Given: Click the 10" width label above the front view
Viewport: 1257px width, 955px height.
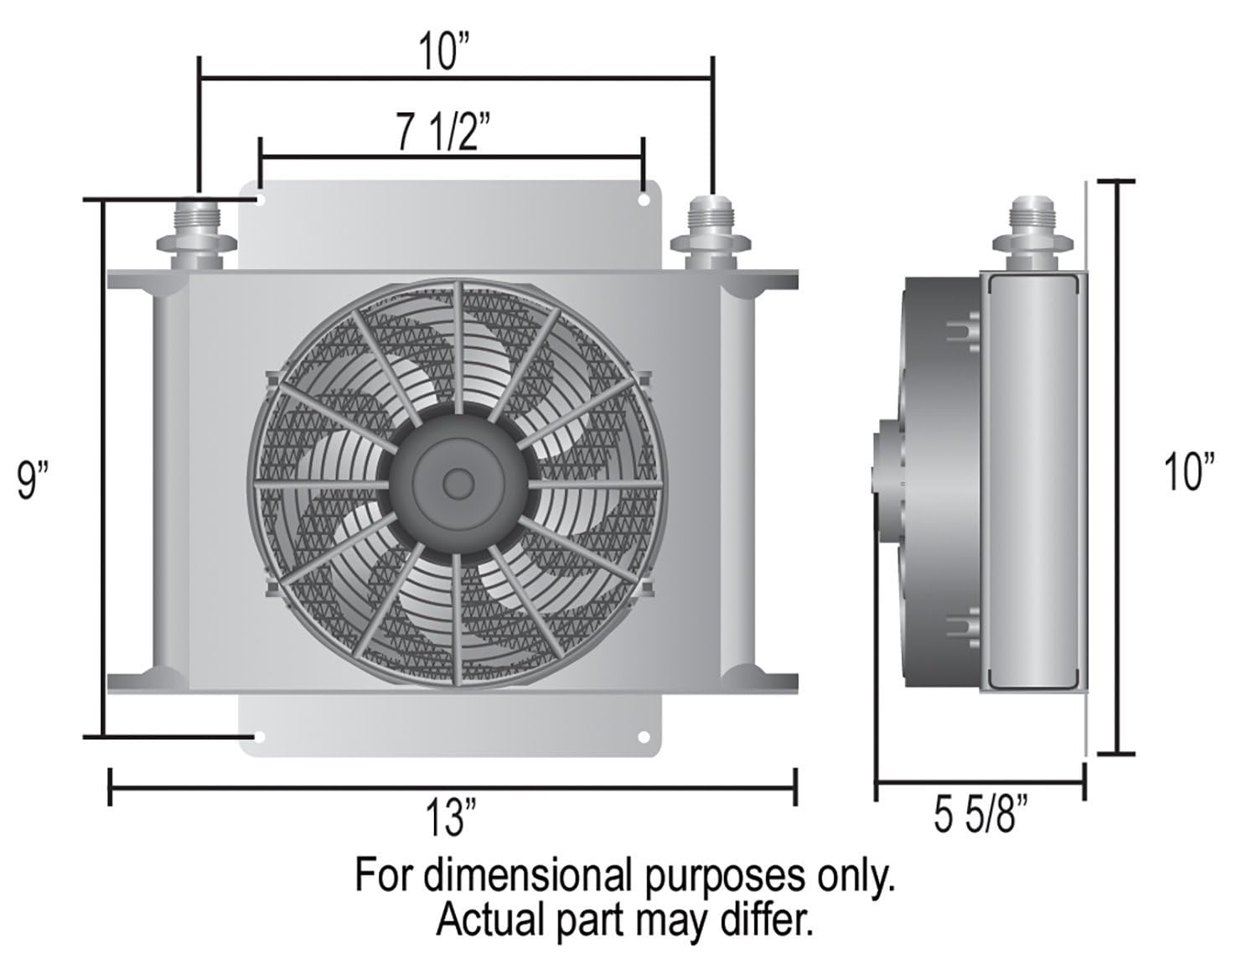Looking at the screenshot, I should (x=447, y=52).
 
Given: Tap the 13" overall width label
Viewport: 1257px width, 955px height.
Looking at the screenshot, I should (x=451, y=817).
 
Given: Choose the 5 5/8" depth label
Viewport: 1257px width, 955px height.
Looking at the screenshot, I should (x=980, y=815).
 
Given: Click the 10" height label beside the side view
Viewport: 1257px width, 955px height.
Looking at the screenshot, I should (x=1189, y=470).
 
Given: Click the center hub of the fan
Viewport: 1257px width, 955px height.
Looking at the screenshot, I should (x=457, y=481).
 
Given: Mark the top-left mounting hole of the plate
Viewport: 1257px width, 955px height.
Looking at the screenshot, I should (x=261, y=201).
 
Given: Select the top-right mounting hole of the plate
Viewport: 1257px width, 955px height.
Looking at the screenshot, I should (x=643, y=201).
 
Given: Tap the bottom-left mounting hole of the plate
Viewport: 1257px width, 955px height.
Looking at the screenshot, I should (x=261, y=737).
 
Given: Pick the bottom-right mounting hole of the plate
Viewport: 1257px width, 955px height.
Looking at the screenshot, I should (x=644, y=737).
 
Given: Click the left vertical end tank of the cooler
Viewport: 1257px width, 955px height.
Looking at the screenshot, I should (x=165, y=482).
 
